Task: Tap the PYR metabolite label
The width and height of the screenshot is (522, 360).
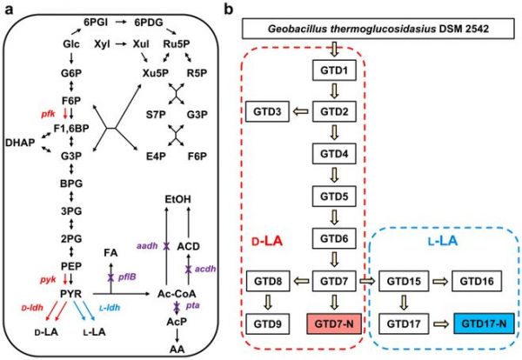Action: coord(70,294)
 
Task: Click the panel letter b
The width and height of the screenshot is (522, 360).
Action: coord(228,10)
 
